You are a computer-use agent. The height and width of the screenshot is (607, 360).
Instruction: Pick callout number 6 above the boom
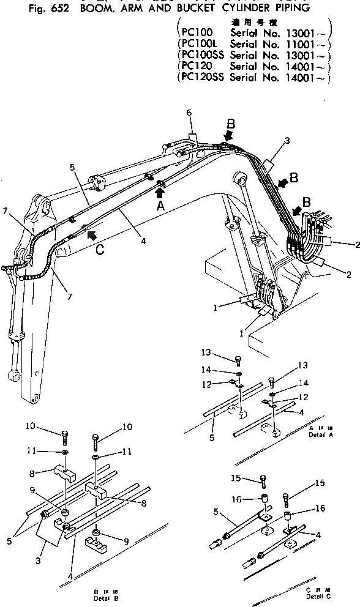point(189,113)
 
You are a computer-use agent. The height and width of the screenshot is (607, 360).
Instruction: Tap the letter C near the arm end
point(99,249)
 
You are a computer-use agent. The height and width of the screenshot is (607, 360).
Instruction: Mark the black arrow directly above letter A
point(159,193)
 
